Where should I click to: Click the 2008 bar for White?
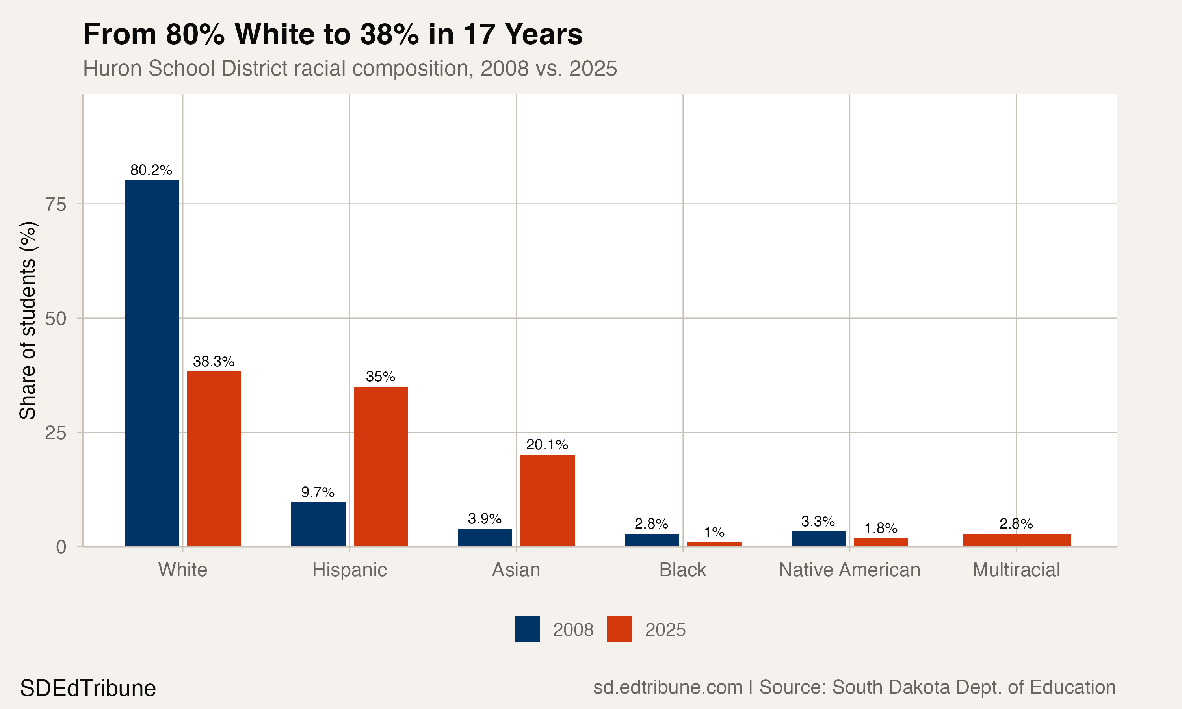click(x=151, y=363)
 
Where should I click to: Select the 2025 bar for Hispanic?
click(x=380, y=466)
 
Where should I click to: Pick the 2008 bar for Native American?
click(x=818, y=538)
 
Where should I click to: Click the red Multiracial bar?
click(x=1016, y=540)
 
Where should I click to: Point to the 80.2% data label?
click(x=151, y=170)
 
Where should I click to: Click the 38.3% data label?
click(x=214, y=361)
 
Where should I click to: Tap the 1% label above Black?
click(x=714, y=532)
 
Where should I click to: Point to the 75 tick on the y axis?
click(x=56, y=204)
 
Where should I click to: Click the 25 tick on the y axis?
click(x=56, y=433)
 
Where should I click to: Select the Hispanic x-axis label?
click(x=349, y=570)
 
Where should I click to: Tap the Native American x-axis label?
click(x=849, y=570)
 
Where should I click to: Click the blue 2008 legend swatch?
click(x=527, y=629)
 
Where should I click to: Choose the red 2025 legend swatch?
click(x=619, y=629)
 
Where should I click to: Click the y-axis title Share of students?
click(x=28, y=320)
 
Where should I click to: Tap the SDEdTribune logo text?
click(x=88, y=689)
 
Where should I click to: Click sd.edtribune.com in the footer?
click(x=667, y=687)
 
